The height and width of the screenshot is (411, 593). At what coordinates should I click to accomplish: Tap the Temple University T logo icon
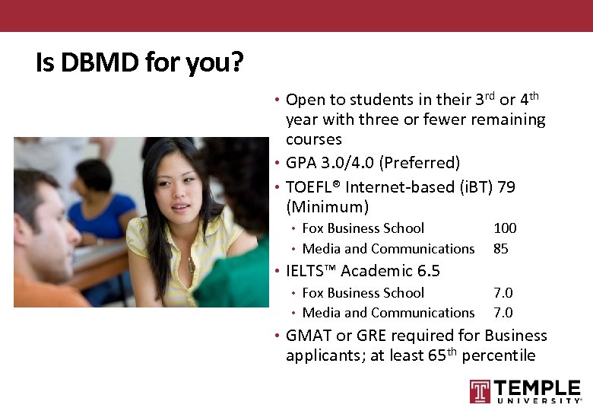click(x=480, y=391)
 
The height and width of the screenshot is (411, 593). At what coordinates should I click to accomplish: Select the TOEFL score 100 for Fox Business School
click(x=505, y=228)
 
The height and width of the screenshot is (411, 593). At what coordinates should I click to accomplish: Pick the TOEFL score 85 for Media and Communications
click(x=501, y=249)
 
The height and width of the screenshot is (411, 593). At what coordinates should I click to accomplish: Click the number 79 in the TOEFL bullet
click(x=506, y=187)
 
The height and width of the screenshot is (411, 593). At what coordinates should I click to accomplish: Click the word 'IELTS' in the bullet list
click(x=313, y=271)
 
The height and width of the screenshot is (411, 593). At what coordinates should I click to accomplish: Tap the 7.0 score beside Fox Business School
click(x=503, y=293)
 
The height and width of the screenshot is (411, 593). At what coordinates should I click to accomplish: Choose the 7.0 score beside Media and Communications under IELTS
click(x=503, y=313)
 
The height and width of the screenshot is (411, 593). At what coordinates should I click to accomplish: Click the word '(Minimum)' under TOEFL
click(x=327, y=207)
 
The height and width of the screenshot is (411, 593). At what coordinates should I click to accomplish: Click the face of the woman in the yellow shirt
click(x=176, y=190)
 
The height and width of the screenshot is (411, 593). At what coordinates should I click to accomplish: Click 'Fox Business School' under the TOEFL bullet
click(x=363, y=228)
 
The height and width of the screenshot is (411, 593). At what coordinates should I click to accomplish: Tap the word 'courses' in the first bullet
click(x=313, y=140)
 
